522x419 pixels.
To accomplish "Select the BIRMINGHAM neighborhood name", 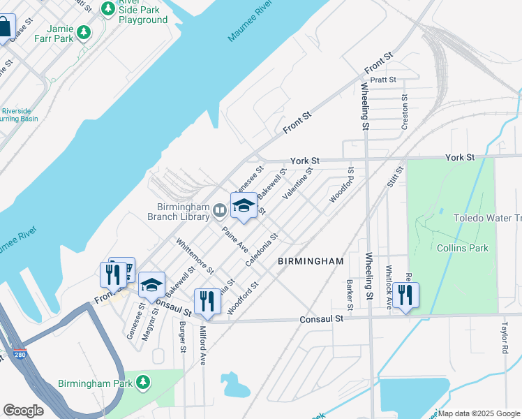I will click(311, 261).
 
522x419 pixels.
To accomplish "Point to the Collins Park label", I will click(462, 248).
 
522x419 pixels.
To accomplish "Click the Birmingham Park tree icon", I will click(143, 382).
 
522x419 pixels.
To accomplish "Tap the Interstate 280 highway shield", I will click(20, 354).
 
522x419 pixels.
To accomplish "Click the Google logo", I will click(23, 411).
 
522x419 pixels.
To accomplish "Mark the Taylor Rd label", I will click(503, 337).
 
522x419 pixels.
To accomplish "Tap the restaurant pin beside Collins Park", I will click(405, 295).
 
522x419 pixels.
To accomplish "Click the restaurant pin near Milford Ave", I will click(207, 301).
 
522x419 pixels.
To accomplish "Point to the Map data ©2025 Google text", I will click(478, 413).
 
